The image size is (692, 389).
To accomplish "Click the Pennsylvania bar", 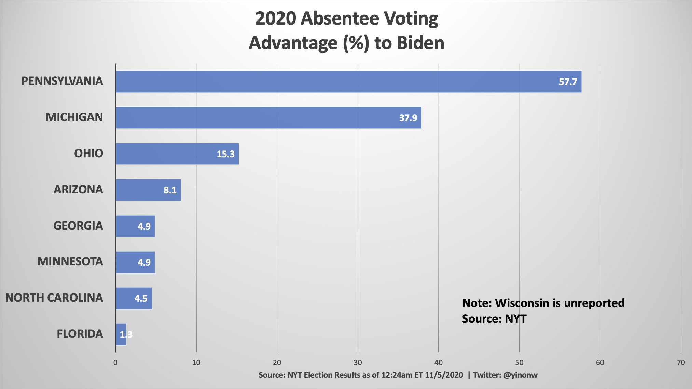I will pyautogui.click(x=348, y=82).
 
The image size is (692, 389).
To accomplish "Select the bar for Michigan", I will pyautogui.click(x=268, y=118).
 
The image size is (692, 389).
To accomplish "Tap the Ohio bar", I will pyautogui.click(x=177, y=154).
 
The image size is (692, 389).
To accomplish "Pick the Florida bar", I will pyautogui.click(x=121, y=334).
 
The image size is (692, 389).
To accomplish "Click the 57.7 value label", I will pyautogui.click(x=568, y=82).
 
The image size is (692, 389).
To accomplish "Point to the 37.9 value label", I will pyautogui.click(x=408, y=118).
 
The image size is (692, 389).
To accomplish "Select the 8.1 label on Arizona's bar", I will pyautogui.click(x=170, y=190).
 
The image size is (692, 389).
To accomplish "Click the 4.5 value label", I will pyautogui.click(x=141, y=299).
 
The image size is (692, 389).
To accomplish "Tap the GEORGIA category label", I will pyautogui.click(x=78, y=226).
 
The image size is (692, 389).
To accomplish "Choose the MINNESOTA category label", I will pyautogui.click(x=70, y=262).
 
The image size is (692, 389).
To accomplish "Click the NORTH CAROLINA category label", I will pyautogui.click(x=54, y=298).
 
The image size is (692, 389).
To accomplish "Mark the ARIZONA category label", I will pyautogui.click(x=78, y=190).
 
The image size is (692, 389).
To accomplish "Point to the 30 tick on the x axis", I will pyautogui.click(x=358, y=363).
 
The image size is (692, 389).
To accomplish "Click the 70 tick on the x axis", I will pyautogui.click(x=681, y=363).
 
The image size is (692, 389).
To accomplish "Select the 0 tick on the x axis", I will pyautogui.click(x=115, y=363).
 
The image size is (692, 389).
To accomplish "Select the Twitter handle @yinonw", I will pyautogui.click(x=520, y=375).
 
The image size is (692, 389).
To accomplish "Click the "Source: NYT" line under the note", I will pyautogui.click(x=494, y=319).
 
